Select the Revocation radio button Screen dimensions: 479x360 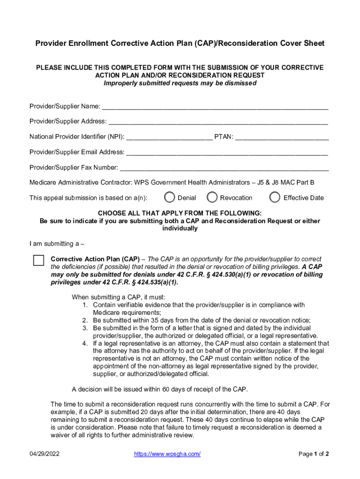pos(212,197)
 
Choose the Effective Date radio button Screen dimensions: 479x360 pos(275,197)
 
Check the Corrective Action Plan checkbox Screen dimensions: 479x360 pos(38,261)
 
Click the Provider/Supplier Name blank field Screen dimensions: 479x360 pos(215,106)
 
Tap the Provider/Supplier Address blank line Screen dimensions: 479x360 pos(218,121)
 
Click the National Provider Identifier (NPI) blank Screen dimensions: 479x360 pos(169,137)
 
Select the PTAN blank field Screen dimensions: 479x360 pos(281,137)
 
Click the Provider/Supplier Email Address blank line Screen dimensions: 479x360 pos(227,152)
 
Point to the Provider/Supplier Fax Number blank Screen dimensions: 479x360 pos(224,167)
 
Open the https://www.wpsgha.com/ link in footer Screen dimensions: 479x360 pos(167,454)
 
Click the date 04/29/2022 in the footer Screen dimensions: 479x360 pos(44,454)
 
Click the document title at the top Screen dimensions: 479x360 pos(180,44)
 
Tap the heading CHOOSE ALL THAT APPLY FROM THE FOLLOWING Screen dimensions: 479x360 pos(180,213)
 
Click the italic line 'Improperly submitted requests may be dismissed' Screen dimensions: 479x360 pos(180,83)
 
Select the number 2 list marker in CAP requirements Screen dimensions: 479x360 pos(85,320)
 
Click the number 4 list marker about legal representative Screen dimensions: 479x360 pos(85,343)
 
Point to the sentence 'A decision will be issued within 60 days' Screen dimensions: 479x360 pos(159,389)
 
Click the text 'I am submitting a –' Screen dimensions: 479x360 pos(57,244)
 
